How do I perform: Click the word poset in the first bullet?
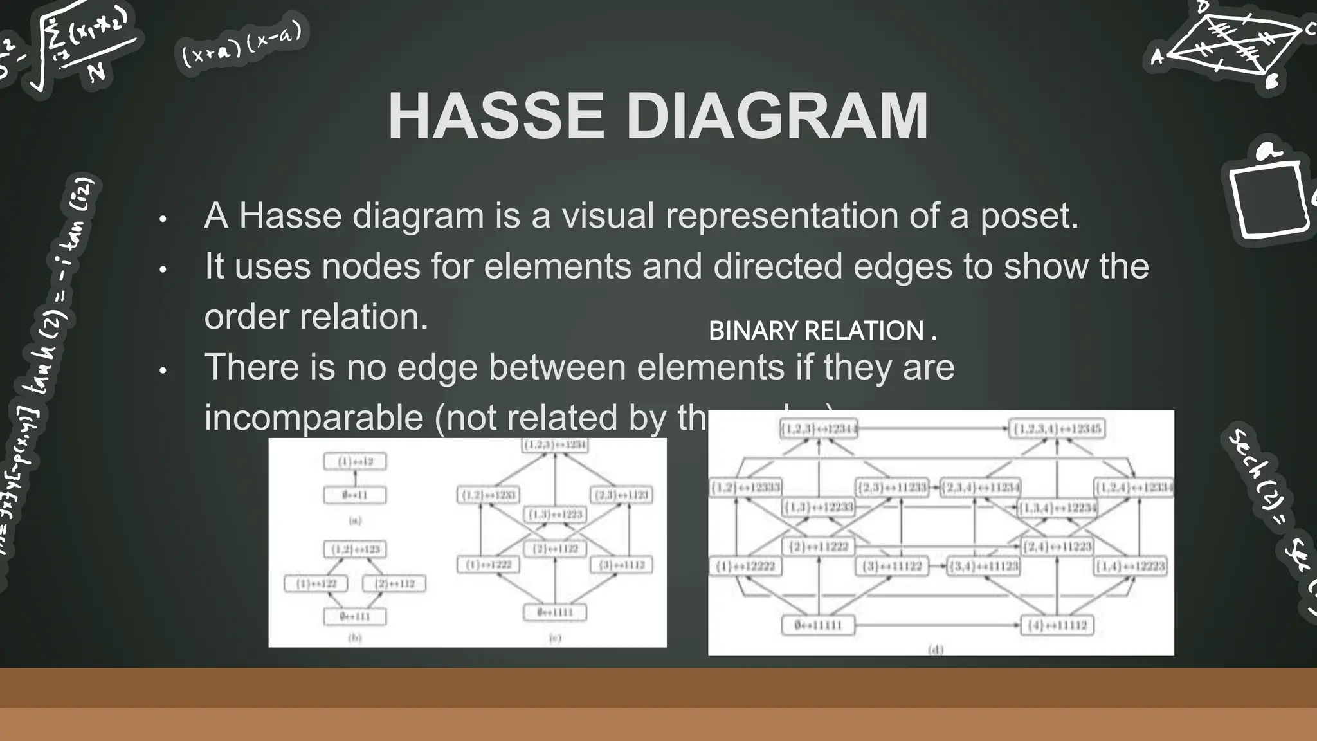click(x=1028, y=216)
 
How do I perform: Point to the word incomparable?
click(x=314, y=417)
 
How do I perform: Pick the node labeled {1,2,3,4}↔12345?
click(x=1057, y=429)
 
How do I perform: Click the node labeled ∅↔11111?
click(x=818, y=625)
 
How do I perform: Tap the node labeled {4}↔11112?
click(x=1057, y=625)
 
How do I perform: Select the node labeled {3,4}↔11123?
click(x=983, y=567)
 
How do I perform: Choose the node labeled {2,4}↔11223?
click(x=1057, y=547)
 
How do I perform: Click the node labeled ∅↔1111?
click(x=555, y=612)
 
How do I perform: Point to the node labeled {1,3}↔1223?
click(x=555, y=515)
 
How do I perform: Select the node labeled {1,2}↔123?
click(x=356, y=550)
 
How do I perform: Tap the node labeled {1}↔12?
click(x=356, y=462)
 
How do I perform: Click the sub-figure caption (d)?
click(x=936, y=650)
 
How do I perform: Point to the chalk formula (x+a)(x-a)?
click(x=241, y=45)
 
